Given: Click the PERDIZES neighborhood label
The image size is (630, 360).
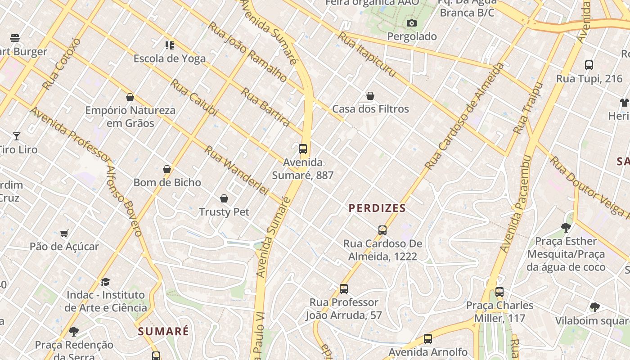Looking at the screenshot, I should tap(377, 208).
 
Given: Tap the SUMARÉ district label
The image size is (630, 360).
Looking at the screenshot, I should tap(163, 332).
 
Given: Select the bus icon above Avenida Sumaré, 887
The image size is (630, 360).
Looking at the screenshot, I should tap(303, 148).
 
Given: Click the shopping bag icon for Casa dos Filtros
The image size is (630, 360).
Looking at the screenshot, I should tap(370, 96).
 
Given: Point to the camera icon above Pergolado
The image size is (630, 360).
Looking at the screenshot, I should tap(411, 23).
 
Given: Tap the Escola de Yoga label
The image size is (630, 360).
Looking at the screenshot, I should tap(170, 58).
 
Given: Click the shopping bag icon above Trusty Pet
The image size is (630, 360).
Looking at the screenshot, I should tap(224, 198).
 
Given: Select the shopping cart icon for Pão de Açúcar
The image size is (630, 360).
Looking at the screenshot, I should tap(64, 233).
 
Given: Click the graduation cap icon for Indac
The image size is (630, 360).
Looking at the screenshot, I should tap(105, 282).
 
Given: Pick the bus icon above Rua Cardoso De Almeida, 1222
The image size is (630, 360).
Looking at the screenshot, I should tap(382, 230).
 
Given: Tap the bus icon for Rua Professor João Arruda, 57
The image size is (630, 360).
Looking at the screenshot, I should tap(344, 289).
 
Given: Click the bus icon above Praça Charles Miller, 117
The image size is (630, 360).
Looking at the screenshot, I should tap(499, 292).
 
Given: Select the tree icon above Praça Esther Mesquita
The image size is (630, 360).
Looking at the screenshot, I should tap(566, 228).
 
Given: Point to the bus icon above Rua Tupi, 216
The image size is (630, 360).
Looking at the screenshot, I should tap(589, 65).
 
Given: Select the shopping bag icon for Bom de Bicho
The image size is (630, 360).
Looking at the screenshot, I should tap(167, 169).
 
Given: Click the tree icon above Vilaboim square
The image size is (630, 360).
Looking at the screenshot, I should tap(594, 307).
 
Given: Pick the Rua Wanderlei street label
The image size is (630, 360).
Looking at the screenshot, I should tap(236, 170).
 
